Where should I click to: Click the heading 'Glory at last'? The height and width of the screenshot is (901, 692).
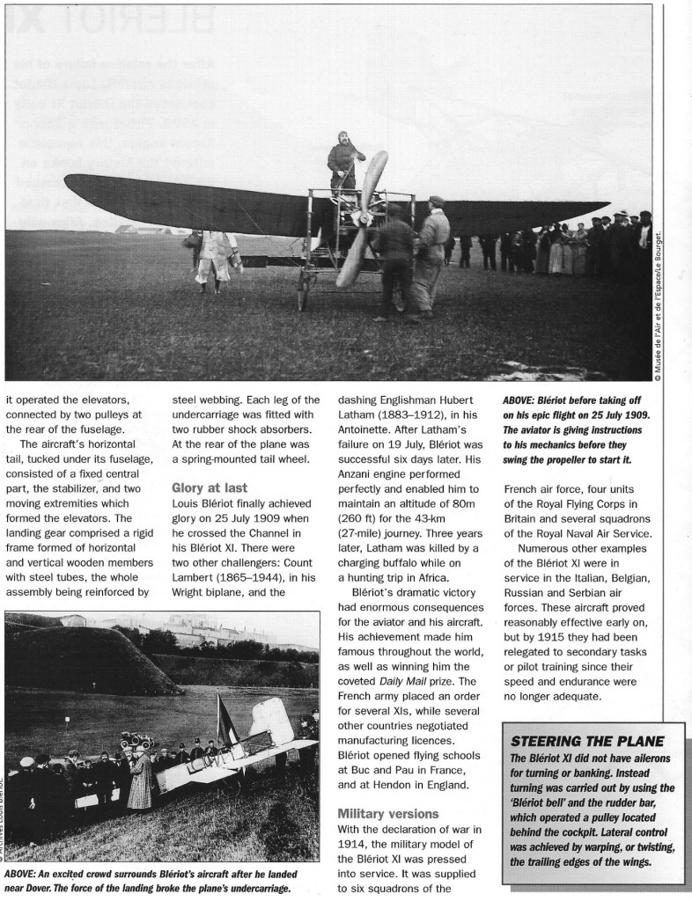point(209,487)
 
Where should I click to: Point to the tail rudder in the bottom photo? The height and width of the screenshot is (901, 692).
point(274,722)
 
